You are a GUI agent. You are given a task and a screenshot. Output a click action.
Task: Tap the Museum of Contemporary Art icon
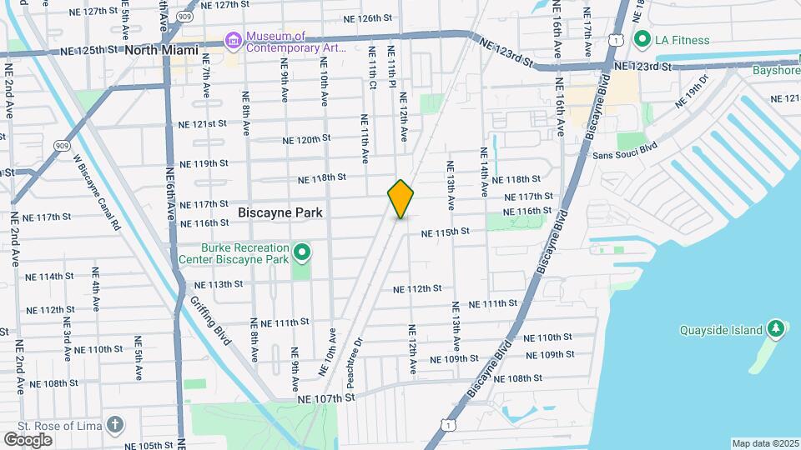pyautogui.click(x=233, y=40)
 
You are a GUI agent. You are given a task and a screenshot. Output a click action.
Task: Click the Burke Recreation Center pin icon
pyautogui.click(x=302, y=251)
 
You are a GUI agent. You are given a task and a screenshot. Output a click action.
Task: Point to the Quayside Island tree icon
pyautogui.click(x=776, y=328)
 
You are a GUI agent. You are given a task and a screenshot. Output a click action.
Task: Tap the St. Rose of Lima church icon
pyautogui.click(x=115, y=425)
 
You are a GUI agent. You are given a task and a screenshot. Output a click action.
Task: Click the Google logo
pyautogui.click(x=28, y=439)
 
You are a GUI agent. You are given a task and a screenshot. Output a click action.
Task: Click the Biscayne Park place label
pyautogui.click(x=280, y=212)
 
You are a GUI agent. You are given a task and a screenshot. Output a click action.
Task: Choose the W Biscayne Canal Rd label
pyautogui.click(x=96, y=192)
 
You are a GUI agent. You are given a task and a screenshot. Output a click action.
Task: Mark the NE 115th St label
pyautogui.click(x=446, y=232)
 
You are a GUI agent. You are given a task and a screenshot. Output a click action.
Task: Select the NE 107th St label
pyautogui.click(x=326, y=398)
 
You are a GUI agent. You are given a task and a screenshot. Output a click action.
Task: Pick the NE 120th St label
pyautogui.click(x=306, y=139)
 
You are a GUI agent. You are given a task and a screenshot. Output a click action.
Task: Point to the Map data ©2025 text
pyautogui.click(x=765, y=443)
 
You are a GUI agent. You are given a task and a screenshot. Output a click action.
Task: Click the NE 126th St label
pyautogui.click(x=367, y=17)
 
